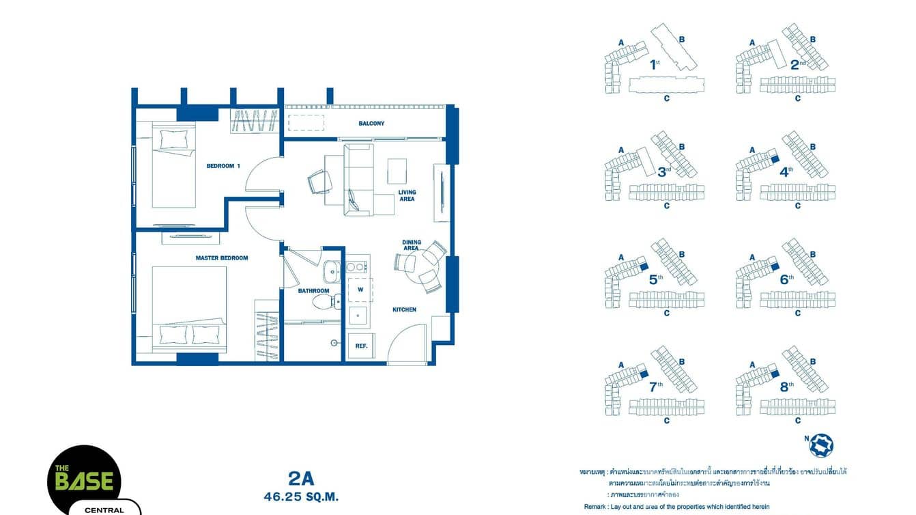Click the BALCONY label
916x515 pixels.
click(371, 124)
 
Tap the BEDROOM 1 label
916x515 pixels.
click(224, 166)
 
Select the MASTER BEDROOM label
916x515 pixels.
click(221, 258)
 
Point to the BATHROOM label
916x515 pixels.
click(313, 291)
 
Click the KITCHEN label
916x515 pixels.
click(404, 309)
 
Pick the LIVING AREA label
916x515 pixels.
click(407, 196)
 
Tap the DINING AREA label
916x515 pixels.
click(411, 245)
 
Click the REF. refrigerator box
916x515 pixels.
click(361, 346)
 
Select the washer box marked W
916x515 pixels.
click(360, 289)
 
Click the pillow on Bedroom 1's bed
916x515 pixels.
click(173, 139)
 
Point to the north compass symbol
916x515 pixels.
click(820, 445)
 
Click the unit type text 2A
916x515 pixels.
click(301, 479)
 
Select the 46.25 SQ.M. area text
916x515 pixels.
click(301, 497)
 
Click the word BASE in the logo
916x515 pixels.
click(84, 481)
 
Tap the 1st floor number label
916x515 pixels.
click(655, 65)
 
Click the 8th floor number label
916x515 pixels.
click(786, 386)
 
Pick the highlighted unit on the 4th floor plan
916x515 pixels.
click(774, 158)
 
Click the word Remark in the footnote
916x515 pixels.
click(596, 506)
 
